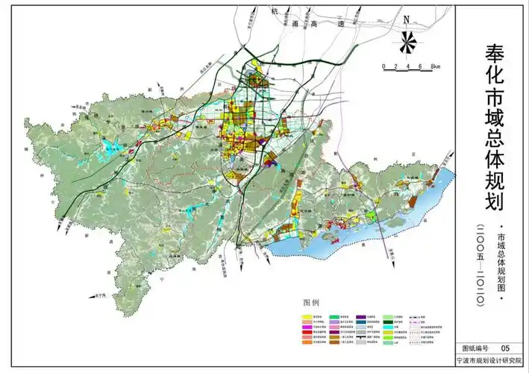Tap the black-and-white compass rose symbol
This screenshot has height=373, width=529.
click(407, 43)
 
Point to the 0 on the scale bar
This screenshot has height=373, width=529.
click(384, 67)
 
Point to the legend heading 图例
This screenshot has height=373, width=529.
click(311, 303)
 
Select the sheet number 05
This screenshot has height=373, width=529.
click(505, 348)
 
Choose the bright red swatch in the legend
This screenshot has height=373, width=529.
click(307, 332)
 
